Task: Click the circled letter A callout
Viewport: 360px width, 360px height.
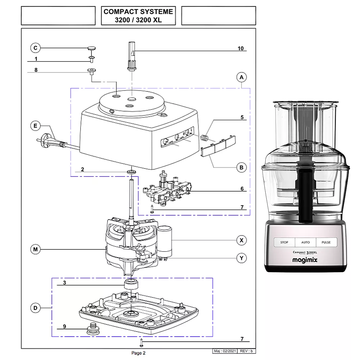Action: [242, 77]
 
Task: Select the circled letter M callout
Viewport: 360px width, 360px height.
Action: [35, 249]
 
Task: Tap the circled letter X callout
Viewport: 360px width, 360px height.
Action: [242, 240]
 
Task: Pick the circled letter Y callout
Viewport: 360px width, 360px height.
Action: [242, 258]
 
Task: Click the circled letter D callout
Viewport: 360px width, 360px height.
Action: [35, 308]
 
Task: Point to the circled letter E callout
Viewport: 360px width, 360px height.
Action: [35, 126]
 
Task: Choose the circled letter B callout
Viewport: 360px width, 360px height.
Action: [242, 167]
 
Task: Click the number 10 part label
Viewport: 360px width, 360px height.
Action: [240, 48]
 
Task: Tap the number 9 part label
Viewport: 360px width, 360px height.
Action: [64, 327]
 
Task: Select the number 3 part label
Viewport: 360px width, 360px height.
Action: [64, 283]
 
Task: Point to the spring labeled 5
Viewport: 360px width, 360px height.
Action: [204, 138]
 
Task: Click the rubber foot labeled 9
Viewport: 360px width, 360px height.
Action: [93, 328]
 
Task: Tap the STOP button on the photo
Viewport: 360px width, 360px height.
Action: [284, 242]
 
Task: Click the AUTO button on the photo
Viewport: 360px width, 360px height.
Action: [305, 242]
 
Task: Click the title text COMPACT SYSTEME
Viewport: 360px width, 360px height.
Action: [138, 12]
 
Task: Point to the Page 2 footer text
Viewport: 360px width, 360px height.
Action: [138, 353]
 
